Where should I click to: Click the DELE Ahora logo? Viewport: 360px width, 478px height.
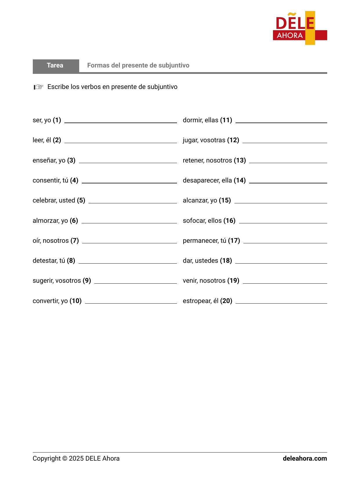[300, 28]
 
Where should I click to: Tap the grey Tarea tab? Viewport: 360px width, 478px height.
[55, 65]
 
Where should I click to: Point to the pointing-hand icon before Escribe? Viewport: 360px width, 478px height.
[39, 87]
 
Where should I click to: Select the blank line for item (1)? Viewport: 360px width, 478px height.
[120, 122]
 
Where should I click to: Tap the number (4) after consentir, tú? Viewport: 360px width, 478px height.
[74, 180]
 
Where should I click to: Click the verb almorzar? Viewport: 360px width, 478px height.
[45, 221]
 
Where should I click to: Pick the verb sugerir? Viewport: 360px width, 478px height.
[42, 281]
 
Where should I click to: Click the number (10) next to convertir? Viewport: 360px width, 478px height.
[75, 301]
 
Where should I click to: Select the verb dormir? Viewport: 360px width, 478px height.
[192, 120]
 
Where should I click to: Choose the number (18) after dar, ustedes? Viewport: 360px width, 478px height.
[226, 261]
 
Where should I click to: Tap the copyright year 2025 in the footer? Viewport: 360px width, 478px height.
[76, 459]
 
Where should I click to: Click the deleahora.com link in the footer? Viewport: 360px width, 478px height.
[305, 459]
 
